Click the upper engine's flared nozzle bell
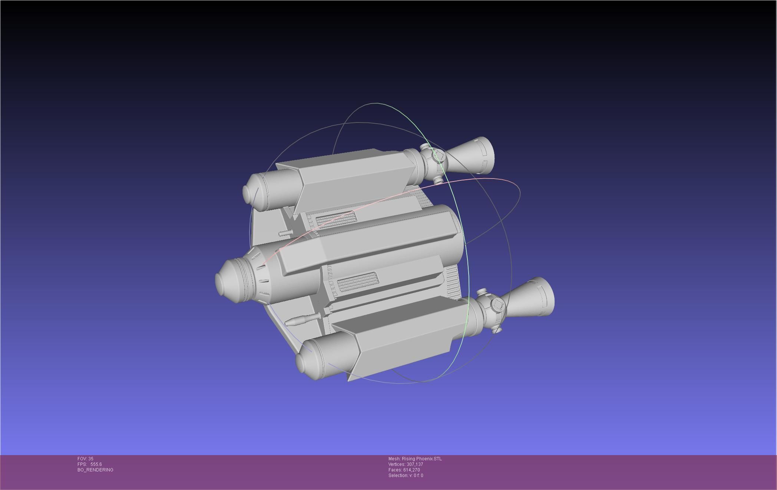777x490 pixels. (473, 156)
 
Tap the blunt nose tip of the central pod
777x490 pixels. (222, 279)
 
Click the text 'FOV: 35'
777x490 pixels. (85, 459)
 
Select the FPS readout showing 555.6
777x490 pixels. (90, 464)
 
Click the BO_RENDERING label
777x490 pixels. (95, 470)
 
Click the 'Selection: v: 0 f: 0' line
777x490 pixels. (406, 476)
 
